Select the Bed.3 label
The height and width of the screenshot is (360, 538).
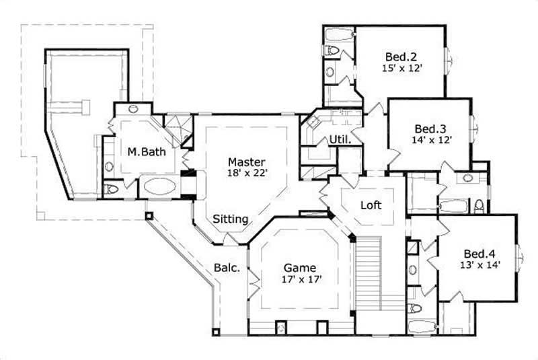click(x=428, y=128)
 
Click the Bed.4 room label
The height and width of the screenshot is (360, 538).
click(x=479, y=254)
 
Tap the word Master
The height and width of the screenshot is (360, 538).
click(x=246, y=161)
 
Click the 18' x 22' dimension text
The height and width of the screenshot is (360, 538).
click(x=246, y=173)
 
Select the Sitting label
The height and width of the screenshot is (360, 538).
click(x=231, y=219)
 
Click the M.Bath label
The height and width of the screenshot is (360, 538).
click(x=147, y=151)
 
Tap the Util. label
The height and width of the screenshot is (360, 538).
click(x=338, y=139)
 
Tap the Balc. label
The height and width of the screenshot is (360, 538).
click(x=227, y=267)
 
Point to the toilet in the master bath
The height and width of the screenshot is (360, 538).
click(x=112, y=189)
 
